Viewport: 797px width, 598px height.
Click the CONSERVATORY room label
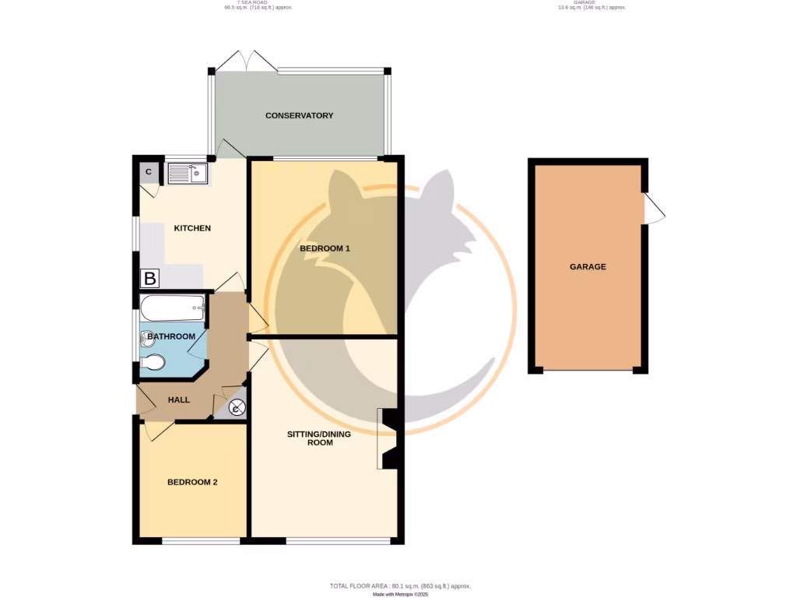coord(299,115)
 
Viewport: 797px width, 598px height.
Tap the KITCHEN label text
coord(191,228)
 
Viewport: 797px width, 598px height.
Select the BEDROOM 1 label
coord(325,248)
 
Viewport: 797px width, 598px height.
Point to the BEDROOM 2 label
coord(192,482)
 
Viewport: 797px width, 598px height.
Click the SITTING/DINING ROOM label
coord(320,438)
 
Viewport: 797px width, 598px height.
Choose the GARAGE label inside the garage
coord(588,266)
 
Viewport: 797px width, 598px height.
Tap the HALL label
coord(179,399)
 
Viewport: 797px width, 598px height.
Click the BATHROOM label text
coord(171,336)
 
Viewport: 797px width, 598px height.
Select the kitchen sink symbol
coord(187,173)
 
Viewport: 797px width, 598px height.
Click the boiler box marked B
coord(149,278)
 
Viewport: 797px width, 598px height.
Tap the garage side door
coord(654,209)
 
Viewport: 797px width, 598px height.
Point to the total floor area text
coord(400,586)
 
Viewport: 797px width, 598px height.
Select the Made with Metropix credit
coord(400,594)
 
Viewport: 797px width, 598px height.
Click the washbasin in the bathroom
coord(148,338)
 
